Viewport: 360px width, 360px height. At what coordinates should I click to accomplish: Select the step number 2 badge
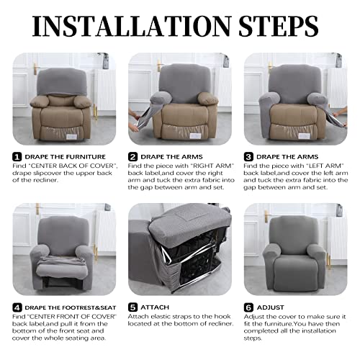point(132,156)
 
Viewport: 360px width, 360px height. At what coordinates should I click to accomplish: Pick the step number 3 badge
point(248,156)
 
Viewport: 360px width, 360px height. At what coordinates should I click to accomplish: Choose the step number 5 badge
point(132,308)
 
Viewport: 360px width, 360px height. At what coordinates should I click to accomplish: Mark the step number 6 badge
point(248,308)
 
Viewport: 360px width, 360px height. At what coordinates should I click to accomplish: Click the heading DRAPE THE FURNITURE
point(65,156)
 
